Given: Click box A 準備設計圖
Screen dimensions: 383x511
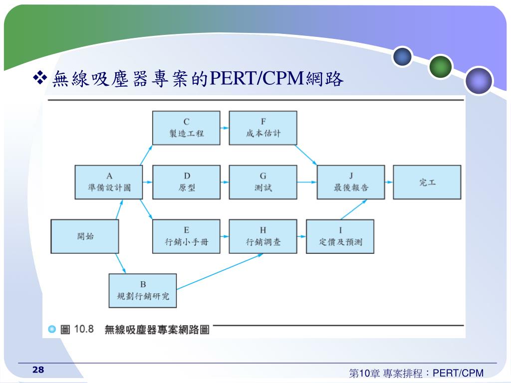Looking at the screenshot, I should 109,182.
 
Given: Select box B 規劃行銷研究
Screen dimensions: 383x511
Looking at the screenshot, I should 143,290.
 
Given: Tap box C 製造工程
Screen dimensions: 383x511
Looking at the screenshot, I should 186,128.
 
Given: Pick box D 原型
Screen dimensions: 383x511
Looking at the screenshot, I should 186,182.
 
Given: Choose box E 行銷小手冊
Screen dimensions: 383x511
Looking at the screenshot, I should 186,236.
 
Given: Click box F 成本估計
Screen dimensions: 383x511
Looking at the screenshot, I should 263,128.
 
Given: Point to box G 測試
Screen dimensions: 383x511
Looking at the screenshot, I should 263,182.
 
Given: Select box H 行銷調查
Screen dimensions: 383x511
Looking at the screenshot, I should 263,236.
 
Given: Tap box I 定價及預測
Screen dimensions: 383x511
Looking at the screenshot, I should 340,236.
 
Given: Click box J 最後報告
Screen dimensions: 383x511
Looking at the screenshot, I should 351,182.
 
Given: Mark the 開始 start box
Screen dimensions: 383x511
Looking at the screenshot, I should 85,236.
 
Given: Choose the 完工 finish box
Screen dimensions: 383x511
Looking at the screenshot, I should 427,182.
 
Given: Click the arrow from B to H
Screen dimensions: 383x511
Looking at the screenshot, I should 220,271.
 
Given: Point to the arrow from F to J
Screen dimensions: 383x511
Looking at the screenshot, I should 307,155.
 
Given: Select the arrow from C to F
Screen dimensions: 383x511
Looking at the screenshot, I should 225,128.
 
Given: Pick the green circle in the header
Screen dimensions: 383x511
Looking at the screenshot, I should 441,66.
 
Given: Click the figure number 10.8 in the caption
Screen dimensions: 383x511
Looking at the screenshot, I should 84,329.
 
